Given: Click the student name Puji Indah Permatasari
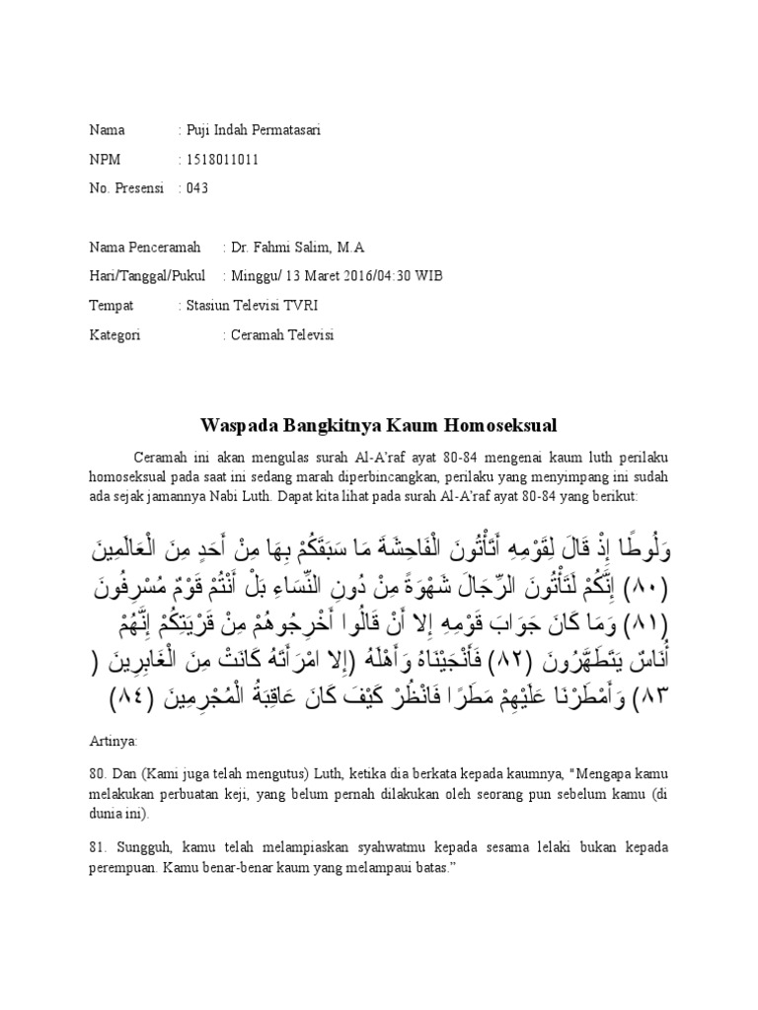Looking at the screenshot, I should (255, 130).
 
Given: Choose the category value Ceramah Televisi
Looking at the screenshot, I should (282, 335).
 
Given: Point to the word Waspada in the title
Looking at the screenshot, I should (238, 426).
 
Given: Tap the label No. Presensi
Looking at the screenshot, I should (126, 188).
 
